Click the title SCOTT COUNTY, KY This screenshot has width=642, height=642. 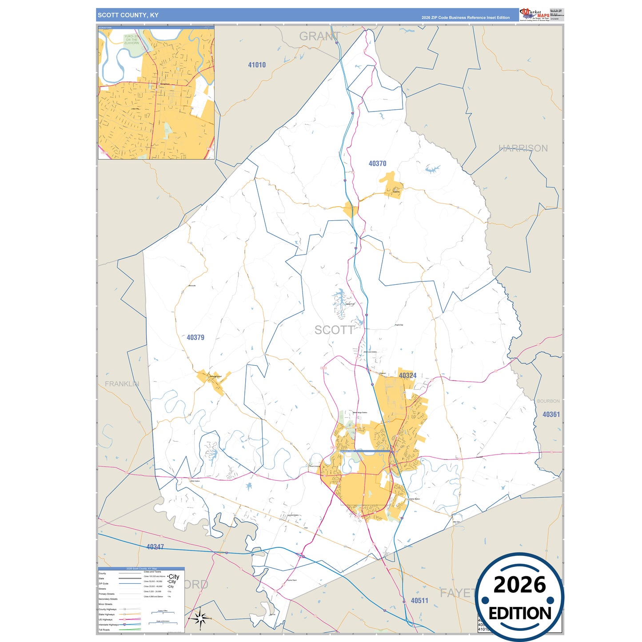(128, 15)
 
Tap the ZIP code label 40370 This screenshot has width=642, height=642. (377, 163)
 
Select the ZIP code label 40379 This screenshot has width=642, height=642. (195, 338)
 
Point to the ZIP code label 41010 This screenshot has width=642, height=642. (257, 65)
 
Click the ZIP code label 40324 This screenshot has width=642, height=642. (407, 375)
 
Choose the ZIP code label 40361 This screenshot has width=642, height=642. (551, 415)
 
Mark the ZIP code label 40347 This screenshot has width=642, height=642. (155, 547)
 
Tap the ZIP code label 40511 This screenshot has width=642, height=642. (419, 601)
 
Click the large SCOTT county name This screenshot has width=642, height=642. (334, 330)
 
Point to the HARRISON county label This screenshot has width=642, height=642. (523, 148)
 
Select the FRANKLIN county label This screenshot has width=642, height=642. (122, 384)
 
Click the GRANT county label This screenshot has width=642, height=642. (319, 36)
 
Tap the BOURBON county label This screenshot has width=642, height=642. (548, 401)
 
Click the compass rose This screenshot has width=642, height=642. (200, 618)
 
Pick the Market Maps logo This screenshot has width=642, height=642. (534, 14)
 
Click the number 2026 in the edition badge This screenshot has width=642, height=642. (519, 585)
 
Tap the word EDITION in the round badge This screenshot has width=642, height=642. (520, 614)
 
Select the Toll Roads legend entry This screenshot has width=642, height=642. (104, 630)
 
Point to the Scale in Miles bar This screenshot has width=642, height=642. (163, 613)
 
